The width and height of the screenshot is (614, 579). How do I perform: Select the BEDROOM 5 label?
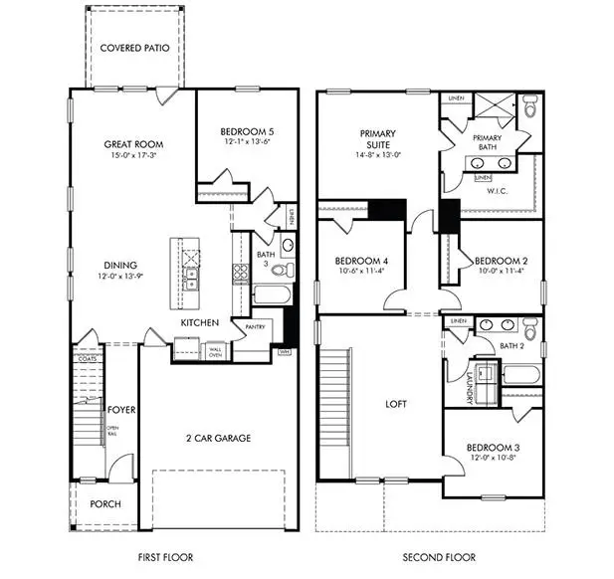coord(247,130)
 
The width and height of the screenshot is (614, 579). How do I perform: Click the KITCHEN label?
coord(199,323)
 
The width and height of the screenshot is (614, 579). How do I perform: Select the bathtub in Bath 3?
coord(269,295)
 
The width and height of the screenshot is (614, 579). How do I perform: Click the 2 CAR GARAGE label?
coord(216,438)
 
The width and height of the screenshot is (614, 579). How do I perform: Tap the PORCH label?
coord(104,504)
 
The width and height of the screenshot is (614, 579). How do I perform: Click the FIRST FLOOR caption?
coord(164,557)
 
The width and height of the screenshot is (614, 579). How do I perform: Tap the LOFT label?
coord(398,404)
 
